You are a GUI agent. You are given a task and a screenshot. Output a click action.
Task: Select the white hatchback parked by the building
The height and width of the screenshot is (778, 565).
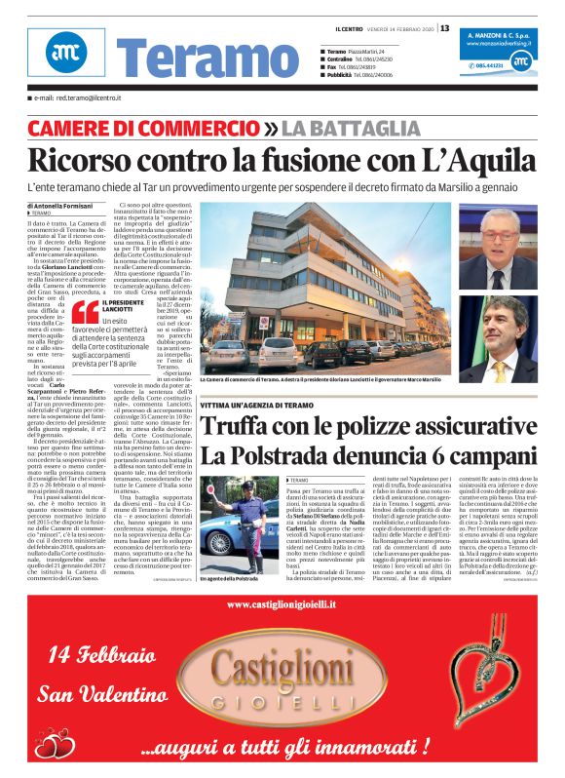(x=278, y=354)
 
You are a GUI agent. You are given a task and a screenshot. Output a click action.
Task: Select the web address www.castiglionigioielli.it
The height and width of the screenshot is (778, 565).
(x=282, y=604)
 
